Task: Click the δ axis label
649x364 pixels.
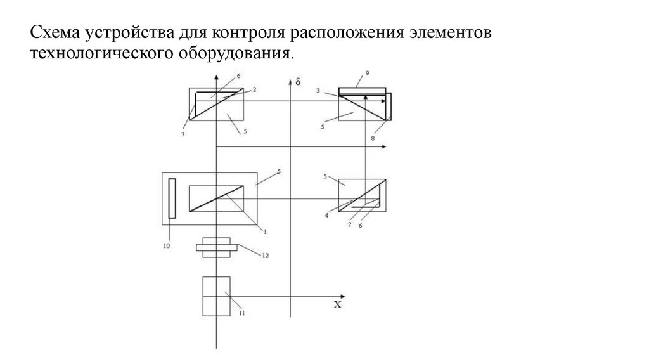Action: click(297, 82)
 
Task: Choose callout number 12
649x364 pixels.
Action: click(266, 255)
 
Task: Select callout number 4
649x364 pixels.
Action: click(326, 215)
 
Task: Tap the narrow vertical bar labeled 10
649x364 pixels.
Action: click(171, 198)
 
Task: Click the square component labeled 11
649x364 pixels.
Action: click(217, 296)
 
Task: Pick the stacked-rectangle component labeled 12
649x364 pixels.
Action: click(217, 247)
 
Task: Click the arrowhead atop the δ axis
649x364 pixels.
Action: click(290, 81)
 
